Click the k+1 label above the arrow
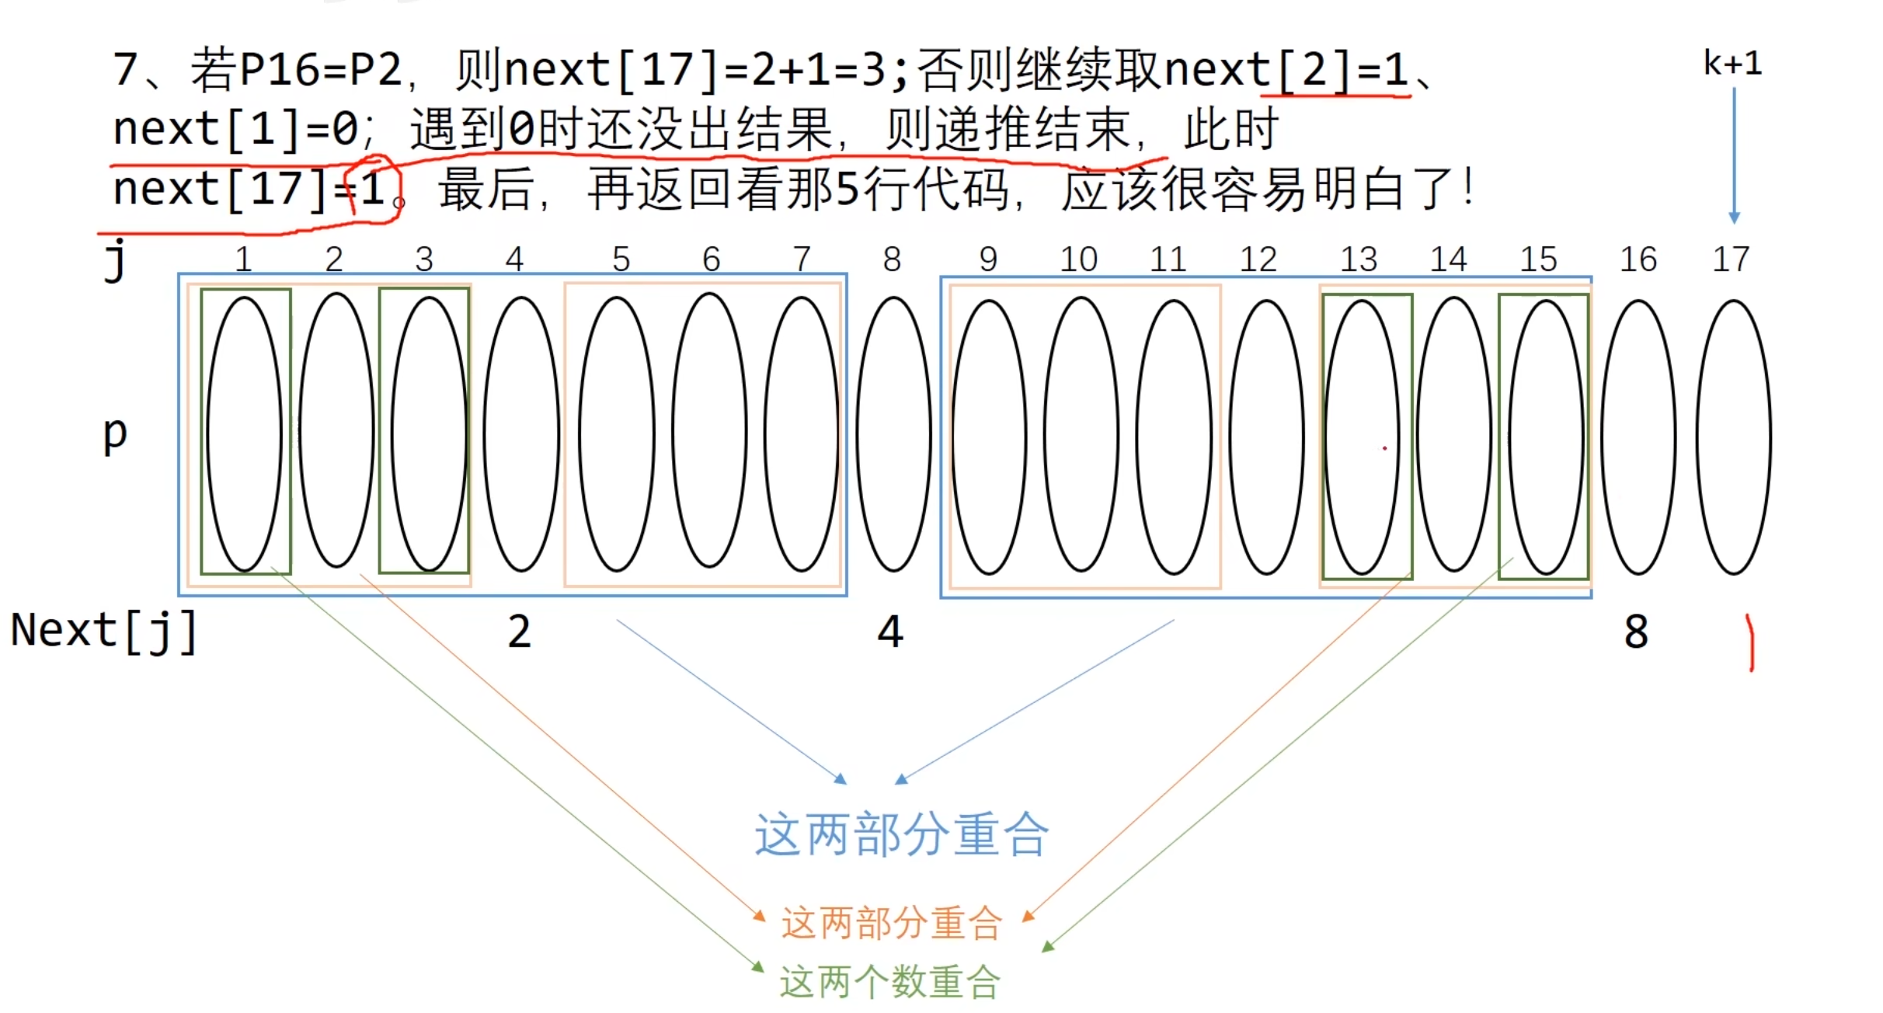point(1732,64)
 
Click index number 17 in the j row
point(1731,259)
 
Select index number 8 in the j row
point(892,259)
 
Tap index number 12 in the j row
point(1258,259)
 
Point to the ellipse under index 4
point(521,433)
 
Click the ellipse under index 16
point(1638,437)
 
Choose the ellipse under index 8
point(893,433)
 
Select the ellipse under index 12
point(1266,437)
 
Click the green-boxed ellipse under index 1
point(245,433)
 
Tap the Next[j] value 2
point(520,632)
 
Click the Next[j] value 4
point(890,632)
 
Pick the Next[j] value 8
point(1635,632)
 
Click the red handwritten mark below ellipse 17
point(1750,642)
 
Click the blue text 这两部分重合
point(901,835)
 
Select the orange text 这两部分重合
point(891,924)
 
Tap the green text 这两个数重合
point(889,983)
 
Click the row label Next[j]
point(103,631)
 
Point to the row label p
point(115,433)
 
